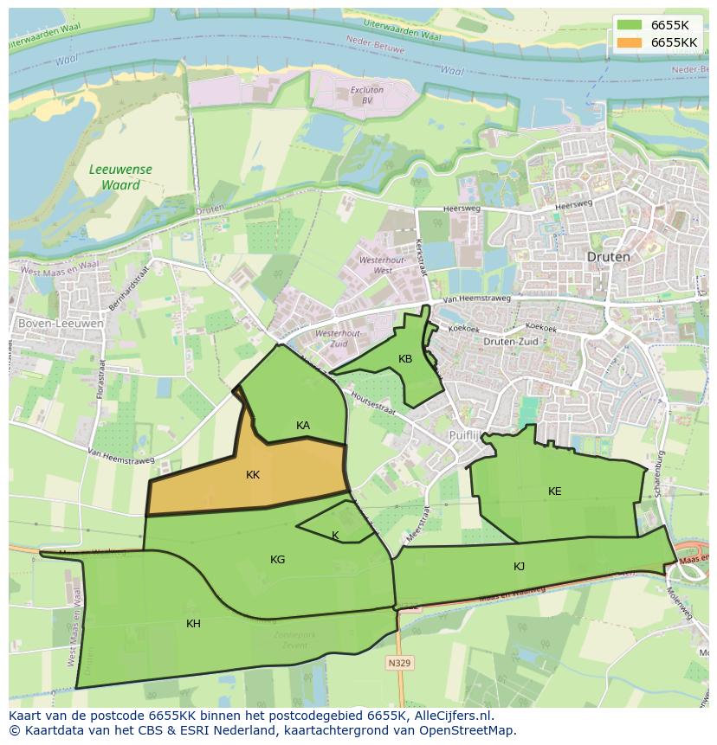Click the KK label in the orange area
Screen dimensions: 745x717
pos(253,475)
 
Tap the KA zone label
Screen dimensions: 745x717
pos(303,425)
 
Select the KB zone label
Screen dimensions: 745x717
pos(405,358)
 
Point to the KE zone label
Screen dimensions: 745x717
pos(555,491)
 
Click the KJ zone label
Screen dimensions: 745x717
pos(519,567)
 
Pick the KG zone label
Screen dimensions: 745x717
pos(277,560)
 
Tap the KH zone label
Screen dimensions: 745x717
pos(193,623)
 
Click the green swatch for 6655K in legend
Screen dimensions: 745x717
pos(630,24)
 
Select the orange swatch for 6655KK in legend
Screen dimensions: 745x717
pos(630,42)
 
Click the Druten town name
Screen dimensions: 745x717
pos(609,257)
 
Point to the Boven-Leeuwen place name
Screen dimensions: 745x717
pos(61,324)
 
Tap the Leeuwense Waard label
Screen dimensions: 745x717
pos(120,177)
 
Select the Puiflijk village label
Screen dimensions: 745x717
pos(468,434)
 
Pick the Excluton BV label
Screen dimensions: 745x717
pos(367,94)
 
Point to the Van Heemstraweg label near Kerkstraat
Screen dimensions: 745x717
pos(475,299)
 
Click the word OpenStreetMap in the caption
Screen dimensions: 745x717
pos(471,730)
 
